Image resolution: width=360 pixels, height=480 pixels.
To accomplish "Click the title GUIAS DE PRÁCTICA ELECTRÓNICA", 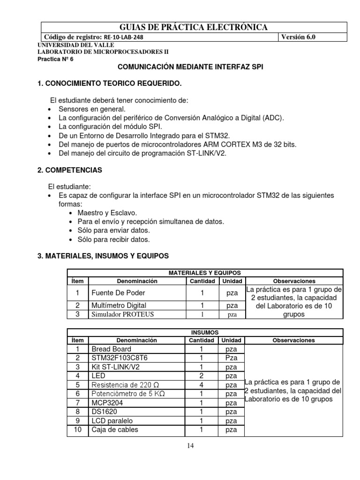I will (x=180, y=27).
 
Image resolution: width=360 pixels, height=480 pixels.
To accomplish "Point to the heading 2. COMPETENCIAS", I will (x=69, y=170).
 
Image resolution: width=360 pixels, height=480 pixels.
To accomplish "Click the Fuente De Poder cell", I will (x=115, y=293).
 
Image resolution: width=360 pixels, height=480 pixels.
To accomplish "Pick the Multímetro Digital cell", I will (x=119, y=305).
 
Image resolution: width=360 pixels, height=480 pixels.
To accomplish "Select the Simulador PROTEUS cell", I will (x=122, y=314).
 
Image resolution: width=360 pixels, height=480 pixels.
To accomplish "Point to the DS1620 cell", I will (x=105, y=412).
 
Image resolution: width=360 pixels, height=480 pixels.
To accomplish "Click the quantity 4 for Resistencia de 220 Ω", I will (x=202, y=385).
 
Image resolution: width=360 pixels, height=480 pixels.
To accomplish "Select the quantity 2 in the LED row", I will (x=202, y=375).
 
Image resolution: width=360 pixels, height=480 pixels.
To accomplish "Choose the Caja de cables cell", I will (x=115, y=429).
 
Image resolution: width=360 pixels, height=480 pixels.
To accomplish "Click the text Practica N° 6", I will (x=55, y=60).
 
